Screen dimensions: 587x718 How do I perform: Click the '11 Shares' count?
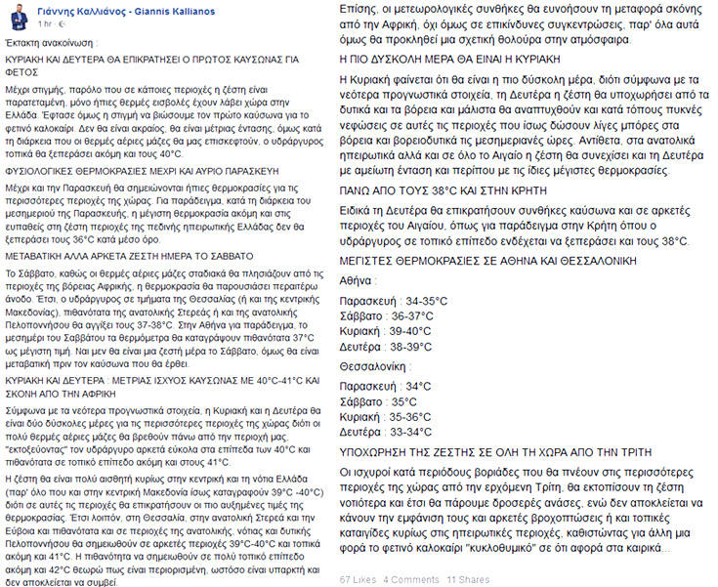click(468, 578)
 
